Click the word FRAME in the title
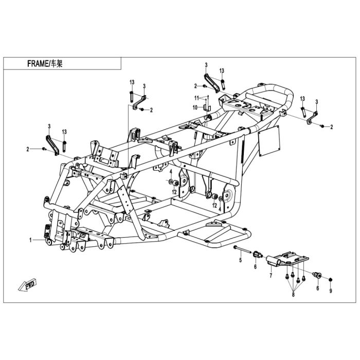click(37, 64)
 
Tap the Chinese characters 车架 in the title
click(57, 64)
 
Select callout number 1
click(30, 240)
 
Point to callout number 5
click(240, 260)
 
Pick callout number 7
click(271, 276)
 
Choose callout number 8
click(293, 295)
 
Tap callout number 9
click(331, 291)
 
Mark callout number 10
click(195, 107)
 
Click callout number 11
click(196, 98)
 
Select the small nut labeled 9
click(331, 280)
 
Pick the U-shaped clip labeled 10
click(207, 107)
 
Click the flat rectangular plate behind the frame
click(269, 141)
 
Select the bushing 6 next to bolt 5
click(257, 255)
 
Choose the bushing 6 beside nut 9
click(318, 275)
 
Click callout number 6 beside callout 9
click(318, 288)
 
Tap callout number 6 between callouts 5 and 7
click(255, 267)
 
